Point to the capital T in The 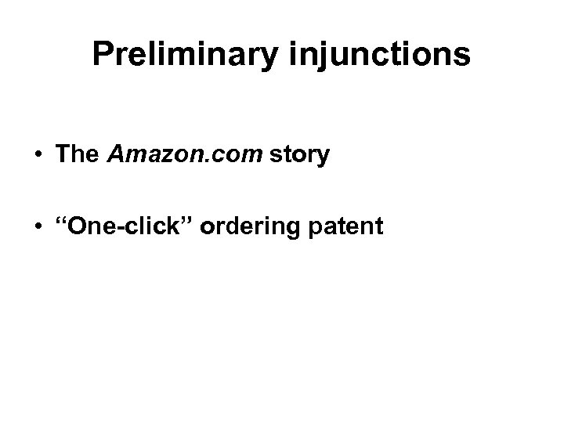(63, 155)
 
